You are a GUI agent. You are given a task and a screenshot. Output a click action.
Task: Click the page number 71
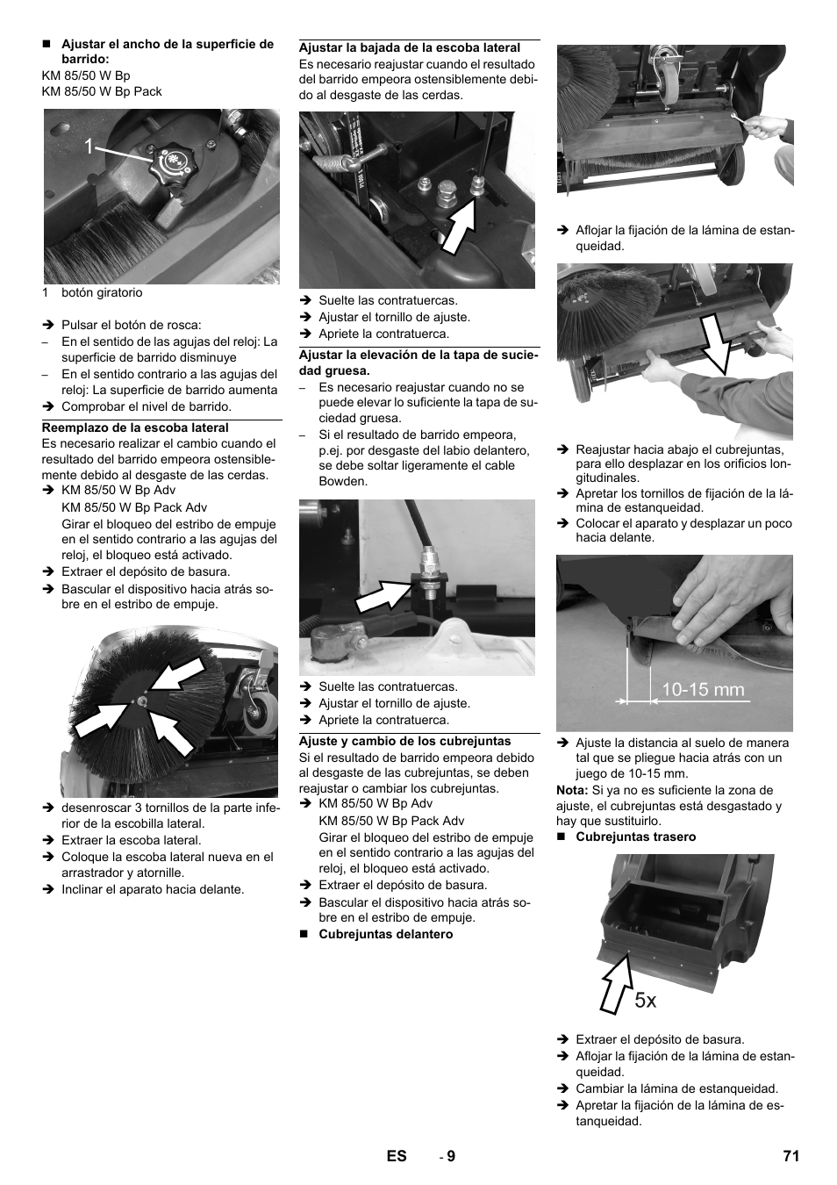(x=790, y=1156)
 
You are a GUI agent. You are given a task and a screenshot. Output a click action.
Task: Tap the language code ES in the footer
(x=397, y=1156)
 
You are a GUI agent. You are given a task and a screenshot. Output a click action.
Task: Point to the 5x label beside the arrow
(x=645, y=1000)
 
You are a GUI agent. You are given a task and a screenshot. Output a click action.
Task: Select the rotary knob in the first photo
(x=171, y=164)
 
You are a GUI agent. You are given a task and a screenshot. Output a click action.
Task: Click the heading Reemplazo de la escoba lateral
(x=135, y=427)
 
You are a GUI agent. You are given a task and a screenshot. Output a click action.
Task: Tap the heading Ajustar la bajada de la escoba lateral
(x=410, y=47)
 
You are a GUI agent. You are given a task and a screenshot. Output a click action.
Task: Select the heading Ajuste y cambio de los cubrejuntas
(x=404, y=741)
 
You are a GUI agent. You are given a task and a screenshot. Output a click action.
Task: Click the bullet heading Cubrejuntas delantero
(x=385, y=934)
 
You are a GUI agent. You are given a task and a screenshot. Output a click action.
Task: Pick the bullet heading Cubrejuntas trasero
(x=635, y=837)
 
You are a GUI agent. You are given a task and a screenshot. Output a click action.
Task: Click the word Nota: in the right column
(x=572, y=790)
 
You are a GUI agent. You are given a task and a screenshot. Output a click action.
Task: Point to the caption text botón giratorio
(x=101, y=292)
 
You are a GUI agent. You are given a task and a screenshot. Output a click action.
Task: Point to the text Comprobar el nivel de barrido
(x=146, y=406)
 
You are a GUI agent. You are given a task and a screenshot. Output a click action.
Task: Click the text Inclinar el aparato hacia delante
(x=153, y=889)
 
